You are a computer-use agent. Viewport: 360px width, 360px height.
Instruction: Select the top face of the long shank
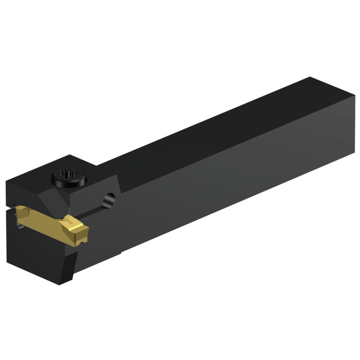pyautogui.click(x=219, y=126)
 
